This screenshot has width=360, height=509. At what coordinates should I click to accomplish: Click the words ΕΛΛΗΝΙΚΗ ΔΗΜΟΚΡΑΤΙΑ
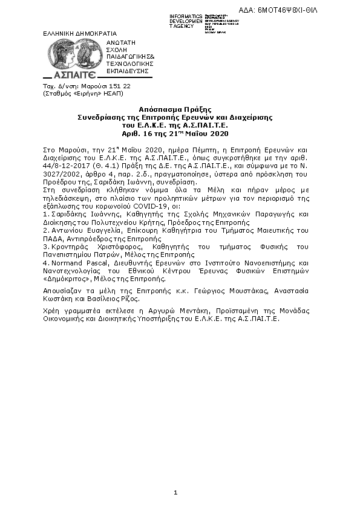click(80, 33)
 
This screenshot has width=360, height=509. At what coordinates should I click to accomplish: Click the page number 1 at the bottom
click(175, 493)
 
